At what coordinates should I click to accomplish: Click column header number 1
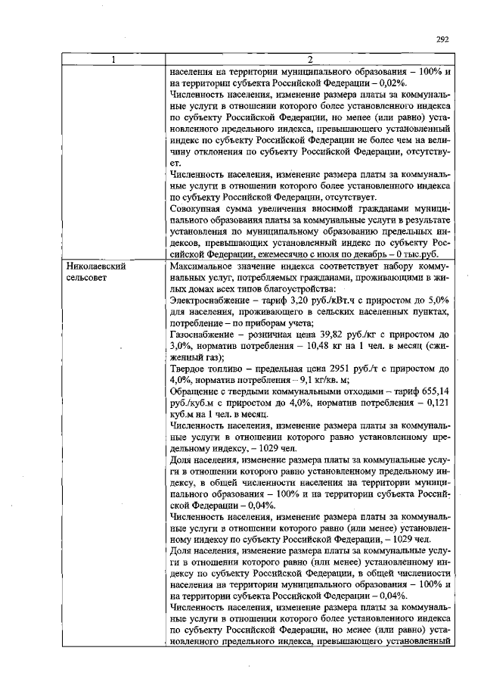[113, 61]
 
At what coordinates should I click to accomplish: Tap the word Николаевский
[95, 267]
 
